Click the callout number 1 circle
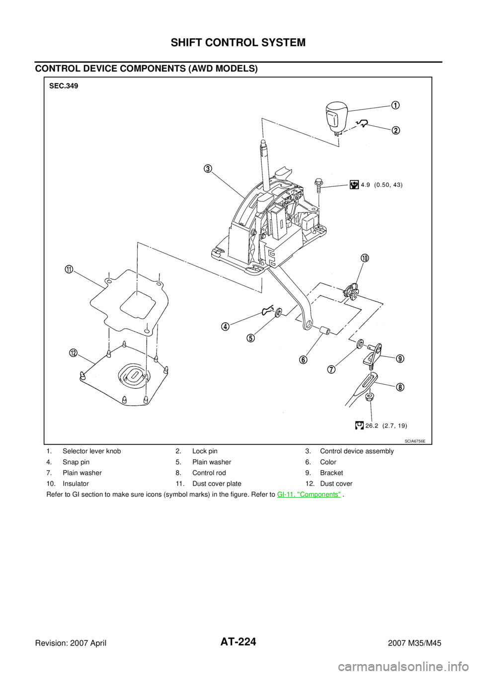tap(396, 105)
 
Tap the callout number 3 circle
tap(208, 169)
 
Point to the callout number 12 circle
tap(73, 353)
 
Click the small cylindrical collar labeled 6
tap(325, 330)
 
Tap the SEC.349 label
tap(64, 86)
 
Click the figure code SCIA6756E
tap(415, 441)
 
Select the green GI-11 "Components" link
tap(309, 495)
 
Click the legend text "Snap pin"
tap(76, 462)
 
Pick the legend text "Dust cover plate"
tap(217, 484)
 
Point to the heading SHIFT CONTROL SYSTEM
tap(238, 43)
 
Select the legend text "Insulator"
tap(76, 484)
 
